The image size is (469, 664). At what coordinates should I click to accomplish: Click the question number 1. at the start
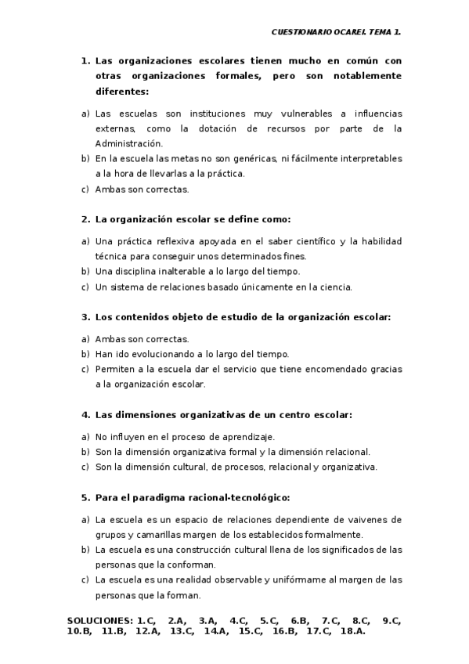pos(85,60)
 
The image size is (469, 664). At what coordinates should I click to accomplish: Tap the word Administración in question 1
pos(129,143)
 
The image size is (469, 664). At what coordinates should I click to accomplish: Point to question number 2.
pos(85,219)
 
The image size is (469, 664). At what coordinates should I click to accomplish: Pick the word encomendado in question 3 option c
pos(339,369)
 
